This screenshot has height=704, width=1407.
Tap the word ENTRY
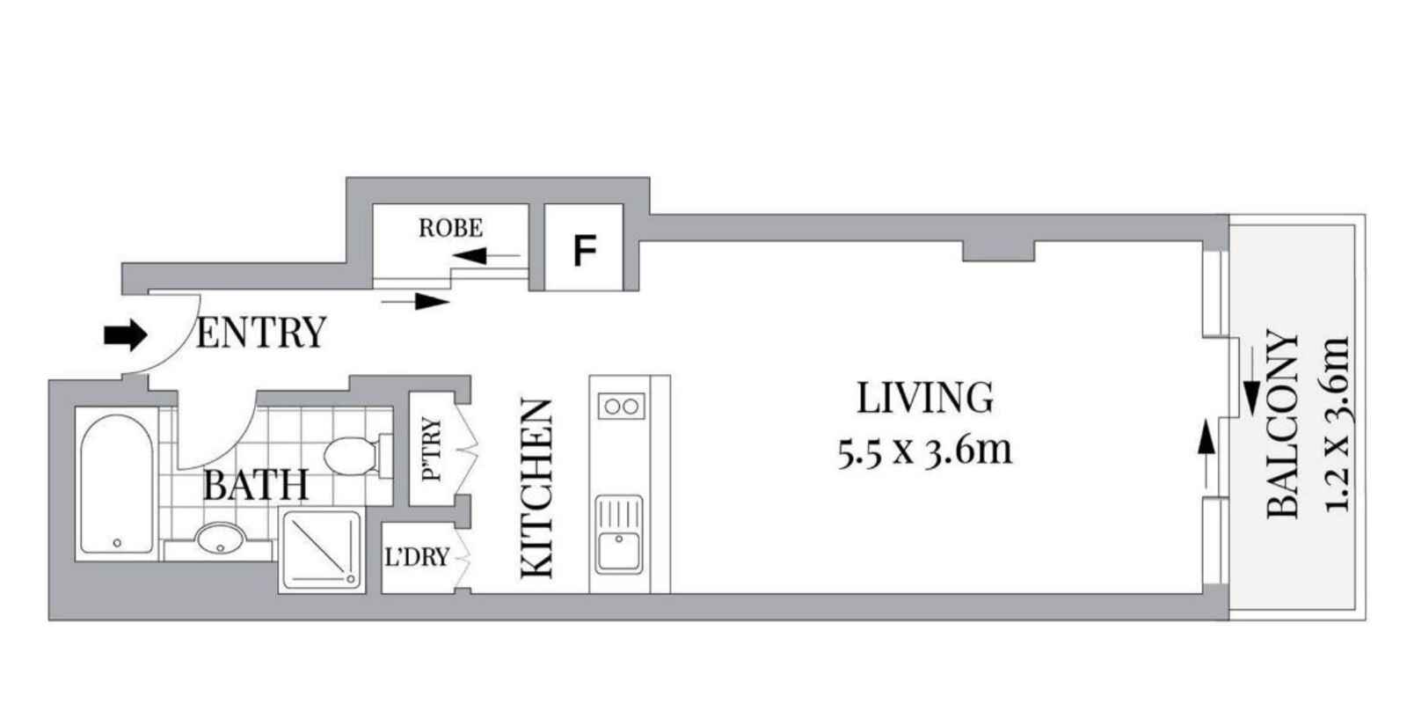tap(260, 334)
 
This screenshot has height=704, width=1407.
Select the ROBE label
tap(450, 229)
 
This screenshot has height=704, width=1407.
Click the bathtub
tap(117, 480)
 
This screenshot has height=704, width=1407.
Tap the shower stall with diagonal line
tap(321, 549)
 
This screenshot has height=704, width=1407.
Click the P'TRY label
tap(432, 450)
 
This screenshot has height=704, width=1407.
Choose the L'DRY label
tap(418, 557)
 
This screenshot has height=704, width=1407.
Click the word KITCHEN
tap(538, 489)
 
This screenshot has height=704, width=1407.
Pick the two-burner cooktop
tap(620, 406)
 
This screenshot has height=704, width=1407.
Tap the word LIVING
tap(925, 399)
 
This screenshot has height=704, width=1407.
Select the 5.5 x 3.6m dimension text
tap(925, 451)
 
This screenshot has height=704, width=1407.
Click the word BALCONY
tap(1283, 424)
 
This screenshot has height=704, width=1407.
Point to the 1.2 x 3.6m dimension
tap(1336, 424)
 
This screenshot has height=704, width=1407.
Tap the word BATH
tap(256, 485)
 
